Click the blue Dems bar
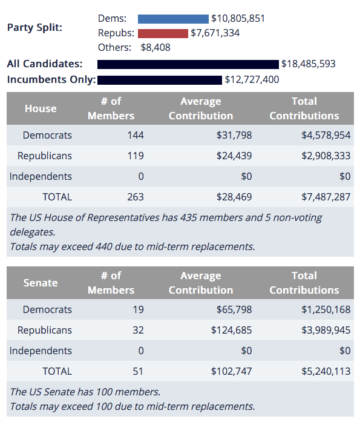point(173,19)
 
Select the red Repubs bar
point(163,33)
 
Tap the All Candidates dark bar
point(188,64)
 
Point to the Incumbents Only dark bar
point(160,80)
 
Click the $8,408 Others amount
point(155,48)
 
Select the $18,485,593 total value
point(309,64)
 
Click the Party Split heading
point(34,28)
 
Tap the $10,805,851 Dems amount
point(238,19)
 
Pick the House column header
point(41,108)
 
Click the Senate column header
point(41,283)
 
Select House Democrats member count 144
point(136,135)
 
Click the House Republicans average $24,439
point(234,156)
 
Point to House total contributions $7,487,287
point(326,197)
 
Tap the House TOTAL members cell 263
point(136,197)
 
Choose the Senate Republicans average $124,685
point(232,330)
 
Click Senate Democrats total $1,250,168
point(326,309)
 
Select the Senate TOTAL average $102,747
point(232,371)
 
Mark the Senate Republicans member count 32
point(138,330)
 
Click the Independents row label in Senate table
point(41,351)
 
